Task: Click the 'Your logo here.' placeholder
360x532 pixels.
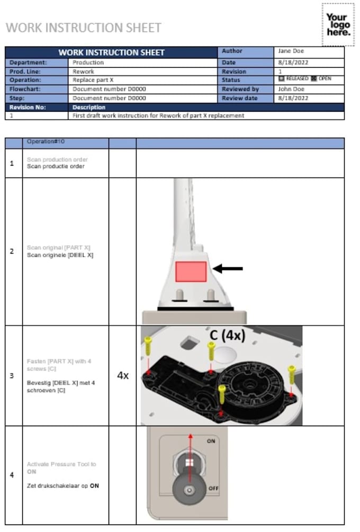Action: (338, 25)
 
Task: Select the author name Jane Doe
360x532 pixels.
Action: (289, 51)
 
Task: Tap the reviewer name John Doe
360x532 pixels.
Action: (289, 89)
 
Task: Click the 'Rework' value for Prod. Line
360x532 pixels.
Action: (83, 71)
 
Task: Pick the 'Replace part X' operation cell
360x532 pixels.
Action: (93, 80)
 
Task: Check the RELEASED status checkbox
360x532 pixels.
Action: (281, 79)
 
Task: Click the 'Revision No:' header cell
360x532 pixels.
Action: (27, 107)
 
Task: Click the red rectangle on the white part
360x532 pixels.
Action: (191, 271)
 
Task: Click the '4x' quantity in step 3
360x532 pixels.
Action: (122, 376)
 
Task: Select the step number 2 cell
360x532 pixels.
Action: (12, 251)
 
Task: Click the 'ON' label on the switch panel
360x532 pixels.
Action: (211, 441)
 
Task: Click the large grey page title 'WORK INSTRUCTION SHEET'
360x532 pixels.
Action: (84, 28)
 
